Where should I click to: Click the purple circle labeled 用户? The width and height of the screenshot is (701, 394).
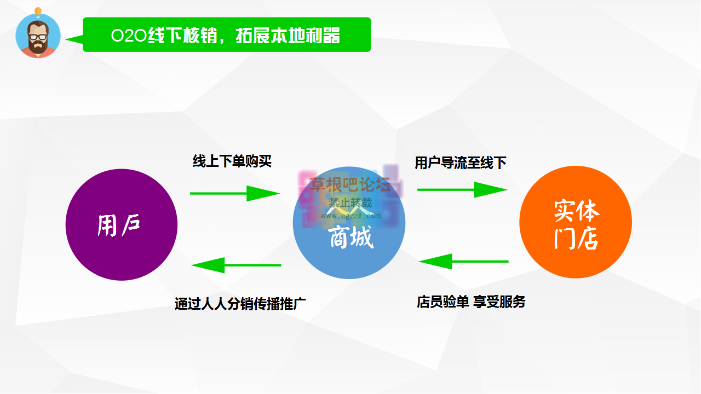(121, 224)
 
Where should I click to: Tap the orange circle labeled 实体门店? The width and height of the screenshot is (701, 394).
(575, 223)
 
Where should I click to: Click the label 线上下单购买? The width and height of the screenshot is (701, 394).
(232, 161)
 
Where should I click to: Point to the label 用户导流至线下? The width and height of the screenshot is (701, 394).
(461, 163)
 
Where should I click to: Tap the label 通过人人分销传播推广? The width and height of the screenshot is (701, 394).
(240, 304)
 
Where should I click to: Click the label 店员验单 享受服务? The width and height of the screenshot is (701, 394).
(471, 302)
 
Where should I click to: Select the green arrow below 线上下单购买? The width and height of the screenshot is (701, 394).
(235, 193)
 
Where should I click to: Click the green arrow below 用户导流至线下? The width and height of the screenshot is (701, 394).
(462, 189)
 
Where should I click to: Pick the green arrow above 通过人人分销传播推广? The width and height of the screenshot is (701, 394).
(236, 265)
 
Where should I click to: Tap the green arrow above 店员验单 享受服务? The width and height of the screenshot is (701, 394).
(463, 262)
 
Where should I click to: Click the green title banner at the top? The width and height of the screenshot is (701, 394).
(227, 35)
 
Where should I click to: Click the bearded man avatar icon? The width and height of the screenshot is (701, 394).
(38, 37)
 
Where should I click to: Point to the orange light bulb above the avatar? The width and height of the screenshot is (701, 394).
(38, 11)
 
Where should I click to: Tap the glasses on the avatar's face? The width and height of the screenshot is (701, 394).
(38, 37)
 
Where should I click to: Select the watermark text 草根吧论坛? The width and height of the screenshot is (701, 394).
(350, 184)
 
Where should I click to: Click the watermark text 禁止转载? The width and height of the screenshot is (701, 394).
(350, 202)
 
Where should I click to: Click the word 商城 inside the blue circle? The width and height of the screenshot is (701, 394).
(350, 239)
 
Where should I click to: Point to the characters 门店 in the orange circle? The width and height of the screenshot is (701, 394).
(576, 239)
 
